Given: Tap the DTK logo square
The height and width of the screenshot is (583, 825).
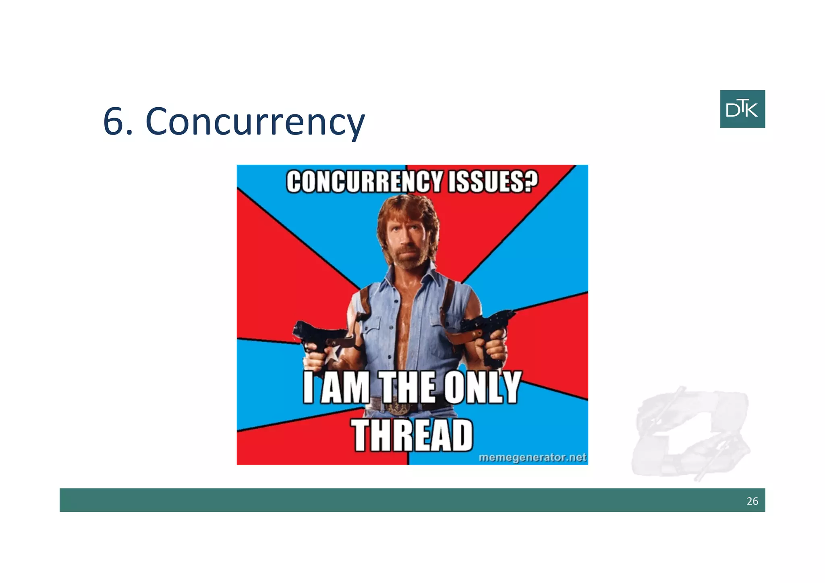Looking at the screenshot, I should coord(742,109).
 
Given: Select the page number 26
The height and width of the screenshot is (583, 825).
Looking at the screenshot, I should coord(752,501).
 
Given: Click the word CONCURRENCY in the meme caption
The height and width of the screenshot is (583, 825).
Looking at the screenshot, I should coord(364,182).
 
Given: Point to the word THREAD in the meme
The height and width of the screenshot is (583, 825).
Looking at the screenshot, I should coord(412,435).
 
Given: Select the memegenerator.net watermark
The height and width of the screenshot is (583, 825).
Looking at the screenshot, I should coord(532,457).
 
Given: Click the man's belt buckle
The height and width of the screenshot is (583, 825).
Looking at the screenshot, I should coord(397,408).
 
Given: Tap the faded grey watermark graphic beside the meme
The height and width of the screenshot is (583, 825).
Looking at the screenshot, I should coord(690,433).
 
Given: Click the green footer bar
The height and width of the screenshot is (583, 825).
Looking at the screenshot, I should coord(403,500).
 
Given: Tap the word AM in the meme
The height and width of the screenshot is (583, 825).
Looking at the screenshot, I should coord(346,388).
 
